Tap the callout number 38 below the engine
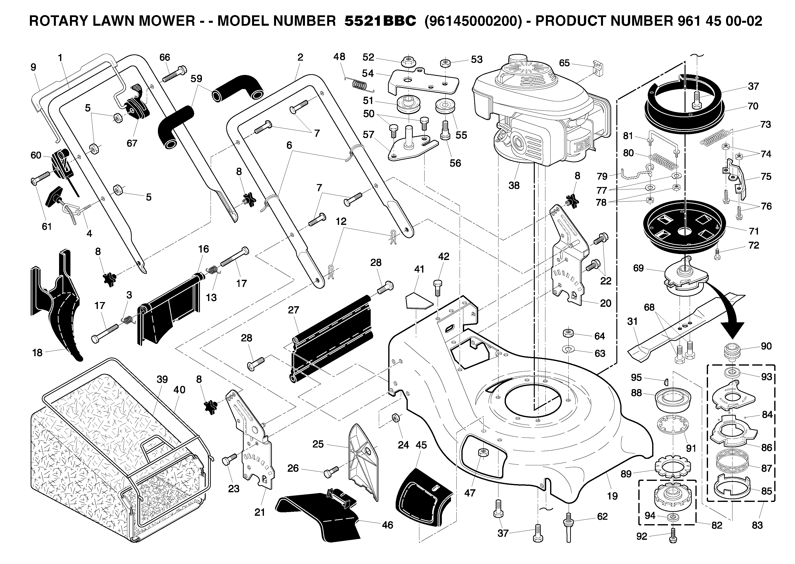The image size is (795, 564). pyautogui.click(x=514, y=186)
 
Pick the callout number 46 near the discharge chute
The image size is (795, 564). pyautogui.click(x=387, y=525)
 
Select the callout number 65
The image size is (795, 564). pyautogui.click(x=564, y=63)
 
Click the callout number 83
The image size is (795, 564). pyautogui.click(x=757, y=525)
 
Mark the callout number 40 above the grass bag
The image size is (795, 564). pyautogui.click(x=179, y=390)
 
